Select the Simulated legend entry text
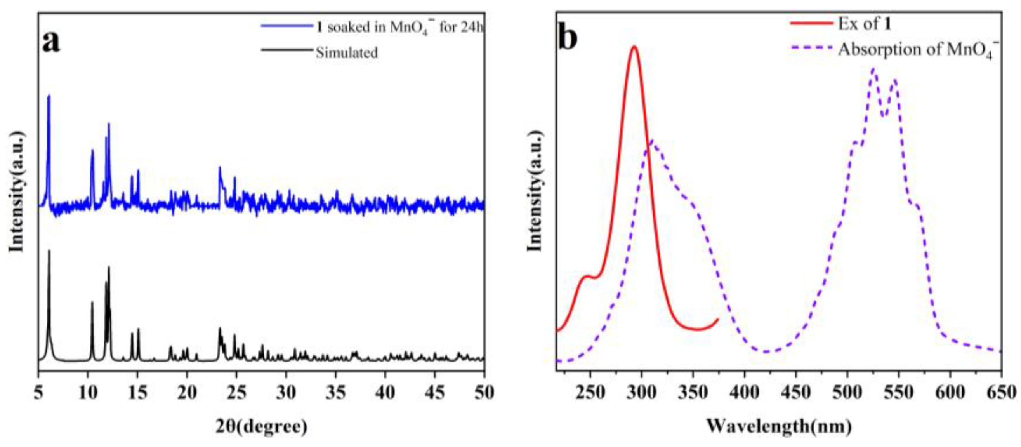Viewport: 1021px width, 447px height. point(347,53)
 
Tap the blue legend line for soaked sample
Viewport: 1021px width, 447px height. point(287,26)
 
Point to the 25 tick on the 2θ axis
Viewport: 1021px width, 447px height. point(237,393)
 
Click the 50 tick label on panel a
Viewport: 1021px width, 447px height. point(484,393)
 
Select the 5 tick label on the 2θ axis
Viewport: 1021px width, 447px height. point(38,393)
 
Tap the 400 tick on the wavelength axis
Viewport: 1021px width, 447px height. point(744,393)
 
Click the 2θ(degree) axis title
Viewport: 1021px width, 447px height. point(262,427)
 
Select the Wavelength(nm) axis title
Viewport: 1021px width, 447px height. point(779,427)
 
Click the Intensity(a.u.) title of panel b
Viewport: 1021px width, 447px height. point(535,190)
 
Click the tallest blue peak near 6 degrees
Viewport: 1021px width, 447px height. point(49,96)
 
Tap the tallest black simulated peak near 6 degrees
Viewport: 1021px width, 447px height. point(49,250)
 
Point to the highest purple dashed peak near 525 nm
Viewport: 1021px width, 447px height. point(873,70)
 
